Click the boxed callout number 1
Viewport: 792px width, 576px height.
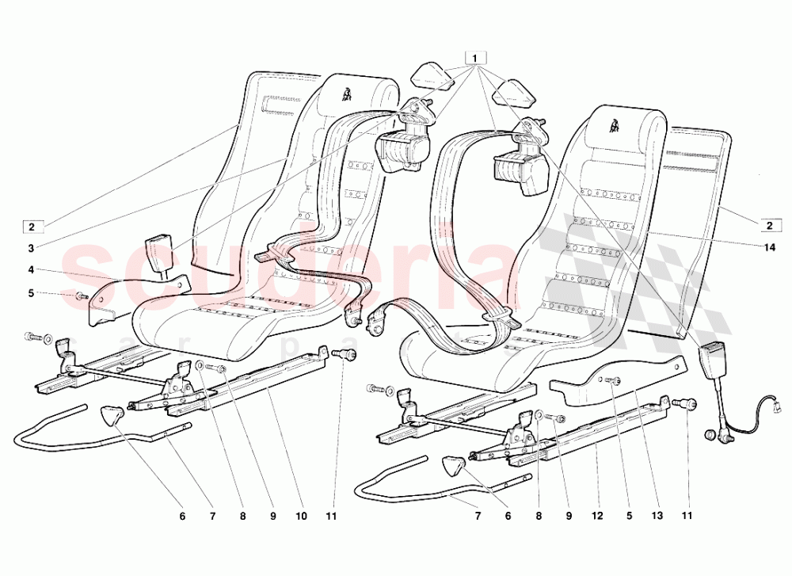474,58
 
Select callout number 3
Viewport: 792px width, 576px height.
31,247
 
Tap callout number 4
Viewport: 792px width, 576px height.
31,270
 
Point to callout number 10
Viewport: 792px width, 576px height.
301,516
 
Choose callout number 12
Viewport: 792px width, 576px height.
598,516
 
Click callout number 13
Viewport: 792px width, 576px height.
656,516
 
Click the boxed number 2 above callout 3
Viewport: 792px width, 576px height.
31,227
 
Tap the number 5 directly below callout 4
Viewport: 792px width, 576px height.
31,293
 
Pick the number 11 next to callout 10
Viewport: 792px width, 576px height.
331,516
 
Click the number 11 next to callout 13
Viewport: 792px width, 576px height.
687,516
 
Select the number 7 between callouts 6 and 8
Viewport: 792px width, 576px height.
478,516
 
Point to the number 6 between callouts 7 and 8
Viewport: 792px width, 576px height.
508,516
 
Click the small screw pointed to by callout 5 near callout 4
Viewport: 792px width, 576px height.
81,297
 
